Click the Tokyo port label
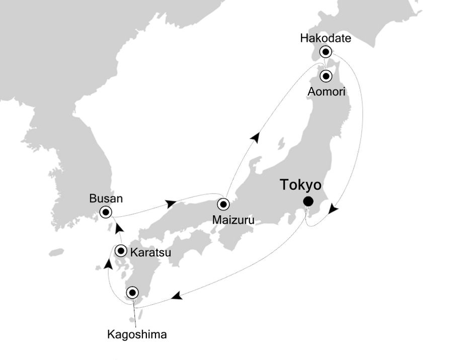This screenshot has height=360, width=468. (x=300, y=185)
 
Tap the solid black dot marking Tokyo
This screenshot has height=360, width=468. (x=307, y=202)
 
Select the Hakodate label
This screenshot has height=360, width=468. (x=325, y=38)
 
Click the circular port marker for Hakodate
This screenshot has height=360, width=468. (x=326, y=51)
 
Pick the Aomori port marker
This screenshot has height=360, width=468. (x=326, y=76)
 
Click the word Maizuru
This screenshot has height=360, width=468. (x=233, y=220)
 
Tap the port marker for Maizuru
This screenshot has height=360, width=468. (x=223, y=204)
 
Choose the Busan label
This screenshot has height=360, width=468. (x=106, y=198)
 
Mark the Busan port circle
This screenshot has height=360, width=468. (x=106, y=212)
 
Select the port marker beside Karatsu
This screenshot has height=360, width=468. (x=121, y=251)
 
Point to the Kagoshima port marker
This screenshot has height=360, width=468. (x=132, y=292)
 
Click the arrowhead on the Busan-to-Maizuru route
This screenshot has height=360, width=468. (x=171, y=203)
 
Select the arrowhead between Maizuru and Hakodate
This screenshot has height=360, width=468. (x=256, y=136)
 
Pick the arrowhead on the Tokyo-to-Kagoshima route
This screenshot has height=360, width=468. (x=176, y=297)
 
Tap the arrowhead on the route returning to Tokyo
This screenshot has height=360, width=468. (x=333, y=208)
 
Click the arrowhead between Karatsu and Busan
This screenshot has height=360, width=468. (x=119, y=229)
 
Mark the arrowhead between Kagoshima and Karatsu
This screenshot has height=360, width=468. (x=108, y=263)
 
